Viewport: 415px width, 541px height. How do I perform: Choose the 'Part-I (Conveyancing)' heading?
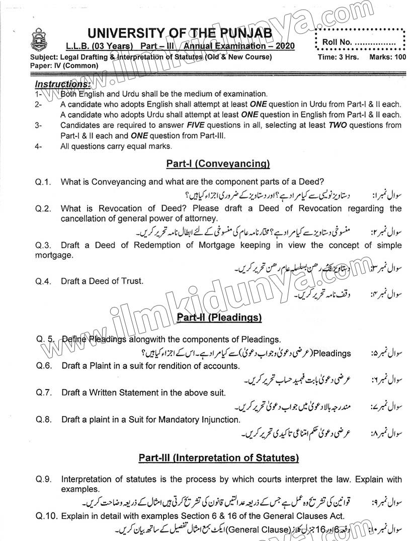tap(218, 164)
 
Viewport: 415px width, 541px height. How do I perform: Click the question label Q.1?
tap(43, 181)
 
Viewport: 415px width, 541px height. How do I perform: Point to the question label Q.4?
tap(43, 281)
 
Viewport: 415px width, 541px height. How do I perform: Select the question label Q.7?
tap(44, 393)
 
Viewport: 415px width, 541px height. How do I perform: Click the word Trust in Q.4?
tap(132, 281)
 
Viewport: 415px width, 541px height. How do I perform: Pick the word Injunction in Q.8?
tap(218, 419)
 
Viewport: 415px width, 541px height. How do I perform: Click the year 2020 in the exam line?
tap(284, 46)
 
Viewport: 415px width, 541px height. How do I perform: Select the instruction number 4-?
tap(38, 146)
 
